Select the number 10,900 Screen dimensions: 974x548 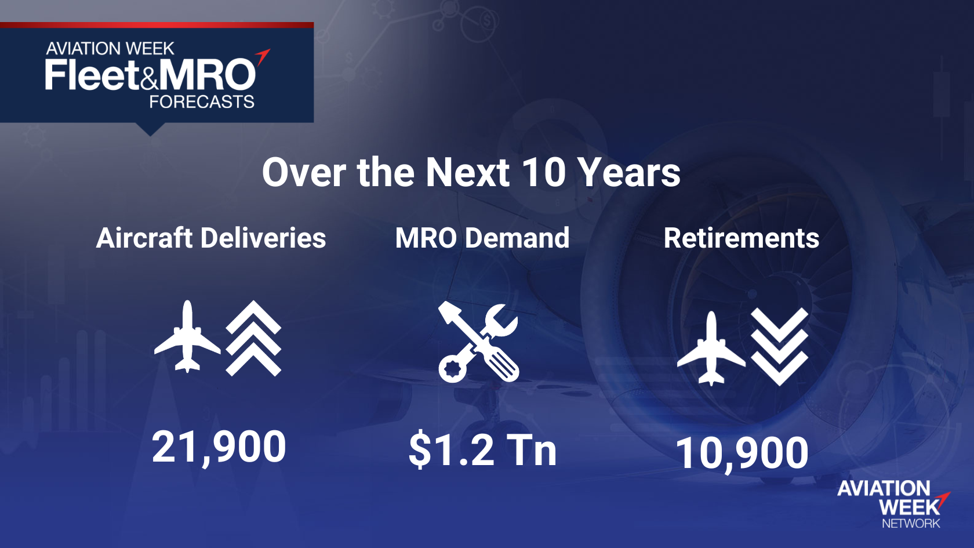(x=742, y=453)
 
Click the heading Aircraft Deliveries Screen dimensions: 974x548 (x=211, y=238)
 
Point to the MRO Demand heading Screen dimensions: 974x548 (x=482, y=238)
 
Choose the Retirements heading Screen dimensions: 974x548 (x=742, y=238)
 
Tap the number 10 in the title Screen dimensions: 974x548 (x=544, y=173)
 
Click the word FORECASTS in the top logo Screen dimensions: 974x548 (x=202, y=102)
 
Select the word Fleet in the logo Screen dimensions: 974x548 (x=92, y=75)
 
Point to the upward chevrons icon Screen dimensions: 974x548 (x=253, y=338)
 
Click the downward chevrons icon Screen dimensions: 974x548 (x=780, y=347)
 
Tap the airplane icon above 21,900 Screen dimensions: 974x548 (x=187, y=336)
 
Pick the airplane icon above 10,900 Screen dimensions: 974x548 (x=711, y=349)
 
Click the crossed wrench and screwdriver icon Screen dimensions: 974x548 (x=478, y=342)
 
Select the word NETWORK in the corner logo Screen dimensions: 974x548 (x=911, y=523)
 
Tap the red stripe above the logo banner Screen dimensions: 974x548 (x=157, y=25)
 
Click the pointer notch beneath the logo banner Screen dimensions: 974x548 (x=151, y=129)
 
